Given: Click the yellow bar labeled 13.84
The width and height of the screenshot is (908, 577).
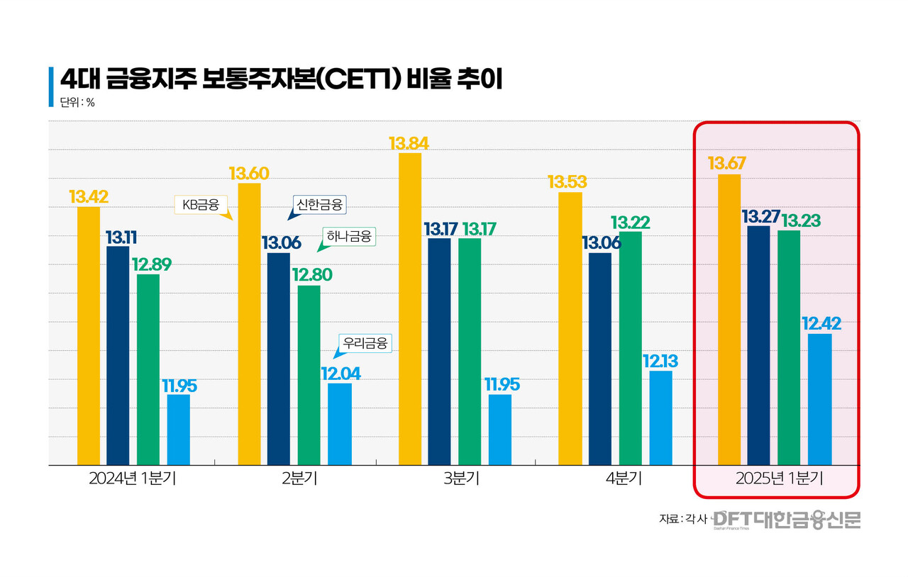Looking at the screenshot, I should (410, 308).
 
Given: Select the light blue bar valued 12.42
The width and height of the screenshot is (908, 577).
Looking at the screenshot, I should (820, 399).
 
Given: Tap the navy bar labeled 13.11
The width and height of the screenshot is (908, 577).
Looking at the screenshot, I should (118, 355).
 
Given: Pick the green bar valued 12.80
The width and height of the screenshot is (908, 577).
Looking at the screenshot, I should (309, 375).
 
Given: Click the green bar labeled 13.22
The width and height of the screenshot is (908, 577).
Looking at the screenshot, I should (631, 348).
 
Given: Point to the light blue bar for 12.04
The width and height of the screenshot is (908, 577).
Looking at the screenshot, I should (340, 424).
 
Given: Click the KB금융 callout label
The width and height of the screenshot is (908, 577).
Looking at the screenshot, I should (201, 206).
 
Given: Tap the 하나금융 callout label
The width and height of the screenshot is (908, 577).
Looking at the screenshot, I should (348, 236).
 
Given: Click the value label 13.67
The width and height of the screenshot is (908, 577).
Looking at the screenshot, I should (726, 164).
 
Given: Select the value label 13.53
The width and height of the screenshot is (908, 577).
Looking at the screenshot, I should (568, 182).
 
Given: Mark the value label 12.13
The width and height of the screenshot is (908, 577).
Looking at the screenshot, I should (660, 362).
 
